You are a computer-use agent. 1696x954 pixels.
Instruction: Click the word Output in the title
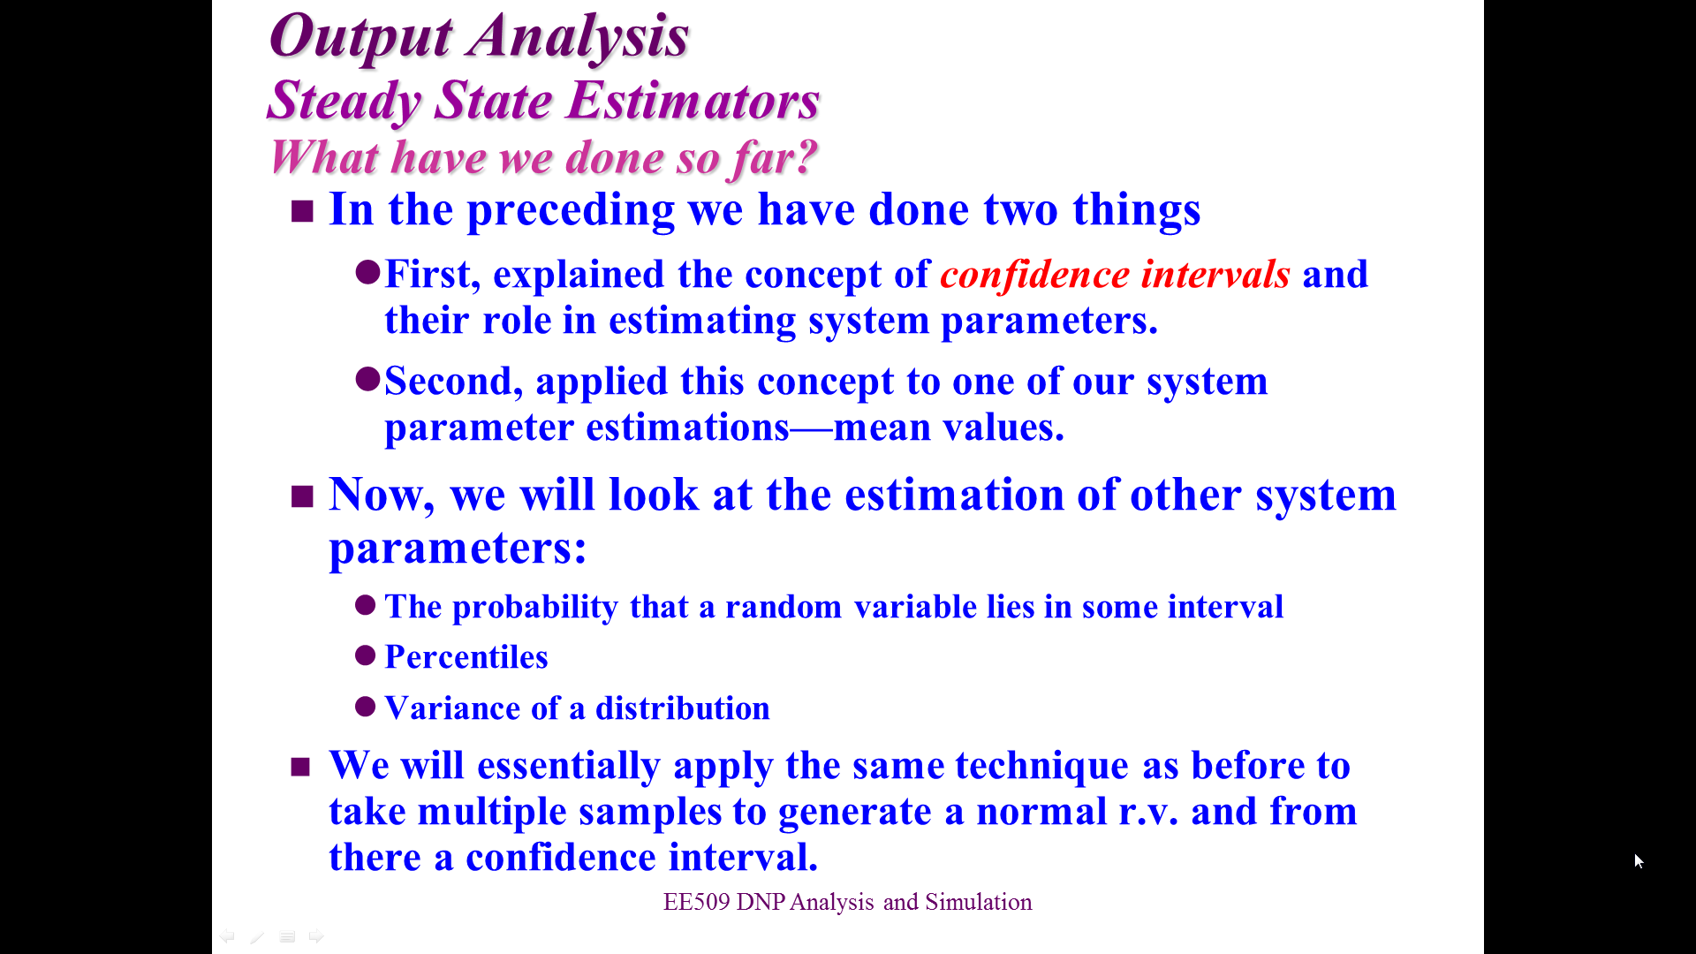(x=360, y=38)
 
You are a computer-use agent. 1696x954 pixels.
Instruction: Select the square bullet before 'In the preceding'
(x=302, y=211)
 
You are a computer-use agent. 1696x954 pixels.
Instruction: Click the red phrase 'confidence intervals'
(x=1115, y=274)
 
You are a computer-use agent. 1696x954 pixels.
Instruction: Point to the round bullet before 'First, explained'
(x=367, y=271)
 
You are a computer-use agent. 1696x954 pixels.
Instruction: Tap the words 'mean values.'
(x=949, y=428)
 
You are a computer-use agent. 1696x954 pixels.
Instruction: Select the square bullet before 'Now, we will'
(x=302, y=496)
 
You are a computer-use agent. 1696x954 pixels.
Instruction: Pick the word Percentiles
(x=466, y=657)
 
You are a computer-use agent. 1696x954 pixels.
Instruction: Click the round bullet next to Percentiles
(x=366, y=655)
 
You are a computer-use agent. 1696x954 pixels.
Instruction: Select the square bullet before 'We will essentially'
(x=300, y=767)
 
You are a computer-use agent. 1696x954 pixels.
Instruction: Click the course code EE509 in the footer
(x=697, y=902)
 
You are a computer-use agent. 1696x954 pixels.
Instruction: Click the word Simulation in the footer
(x=979, y=902)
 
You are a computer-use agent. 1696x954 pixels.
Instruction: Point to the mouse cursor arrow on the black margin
(x=1639, y=861)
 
